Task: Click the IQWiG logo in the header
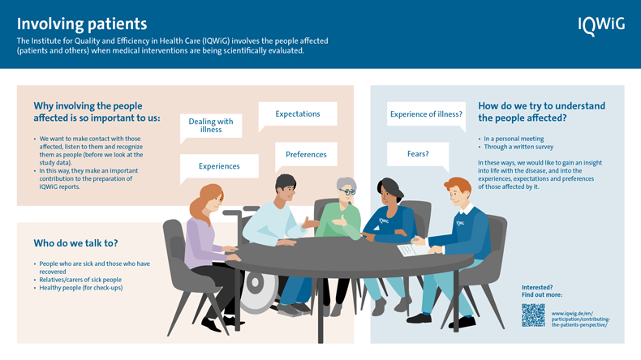click(600, 26)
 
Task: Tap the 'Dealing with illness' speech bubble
click(210, 126)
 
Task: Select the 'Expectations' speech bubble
click(297, 114)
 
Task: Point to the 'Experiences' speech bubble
click(219, 165)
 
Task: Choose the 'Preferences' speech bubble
click(306, 154)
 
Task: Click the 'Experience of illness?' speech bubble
click(426, 114)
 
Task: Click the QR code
click(533, 315)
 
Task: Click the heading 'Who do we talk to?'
click(75, 242)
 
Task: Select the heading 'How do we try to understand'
click(541, 106)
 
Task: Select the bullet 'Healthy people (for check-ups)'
click(81, 287)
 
